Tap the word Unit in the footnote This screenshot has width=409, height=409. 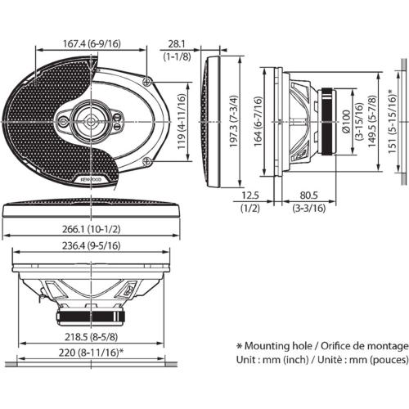click(x=246, y=358)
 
